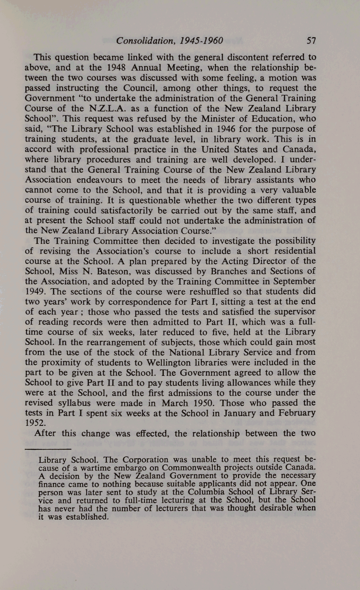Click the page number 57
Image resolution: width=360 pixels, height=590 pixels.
311,41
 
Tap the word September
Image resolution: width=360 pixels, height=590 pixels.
292,281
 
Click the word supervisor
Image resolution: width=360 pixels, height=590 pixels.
292,312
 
